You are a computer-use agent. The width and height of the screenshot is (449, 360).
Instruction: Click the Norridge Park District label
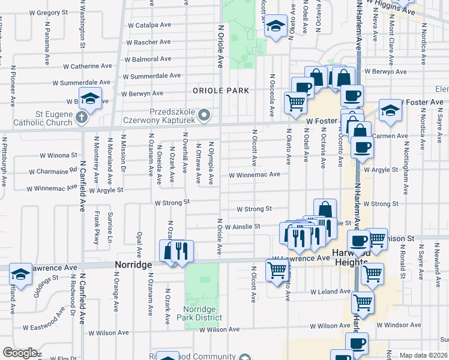click(202, 313)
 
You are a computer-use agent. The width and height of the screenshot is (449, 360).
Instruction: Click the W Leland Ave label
click(330, 292)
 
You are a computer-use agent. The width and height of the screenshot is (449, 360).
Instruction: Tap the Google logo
click(20, 353)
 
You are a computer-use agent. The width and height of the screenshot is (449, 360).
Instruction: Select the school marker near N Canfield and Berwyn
click(90, 98)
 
